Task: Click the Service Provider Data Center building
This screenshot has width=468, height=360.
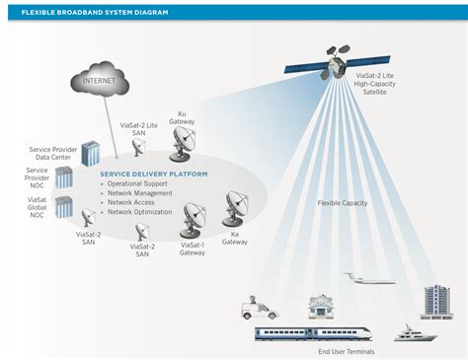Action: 91,154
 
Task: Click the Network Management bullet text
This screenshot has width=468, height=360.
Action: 142,193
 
